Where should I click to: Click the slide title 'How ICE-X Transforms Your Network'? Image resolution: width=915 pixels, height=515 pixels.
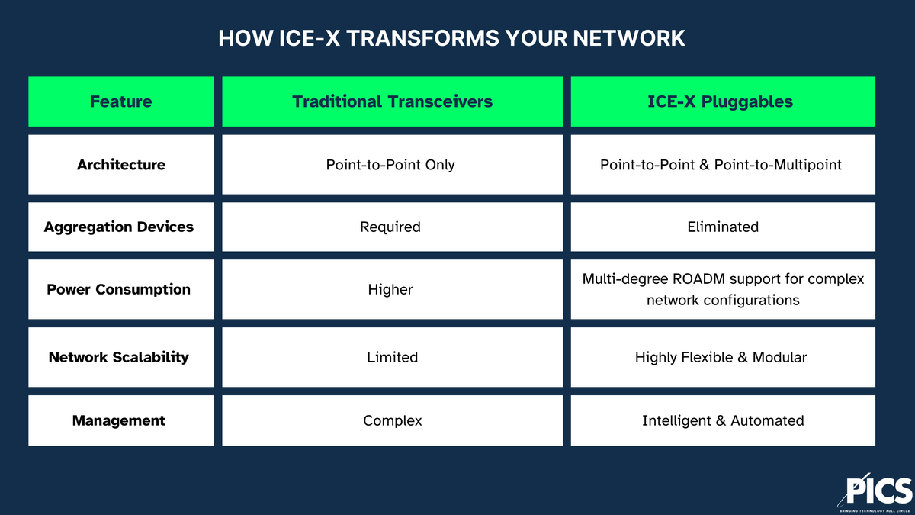[x=451, y=38]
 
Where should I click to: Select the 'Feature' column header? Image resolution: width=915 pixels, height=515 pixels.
[x=120, y=101]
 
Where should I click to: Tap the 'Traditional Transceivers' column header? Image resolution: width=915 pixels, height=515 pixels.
[x=392, y=101]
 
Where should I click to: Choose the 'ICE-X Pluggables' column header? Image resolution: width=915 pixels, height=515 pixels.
[x=722, y=101]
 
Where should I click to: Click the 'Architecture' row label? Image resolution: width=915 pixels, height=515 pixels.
[x=120, y=165]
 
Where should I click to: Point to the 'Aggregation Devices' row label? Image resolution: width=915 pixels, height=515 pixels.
[x=119, y=227]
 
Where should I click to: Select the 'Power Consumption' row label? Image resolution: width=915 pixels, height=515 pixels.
[x=118, y=289]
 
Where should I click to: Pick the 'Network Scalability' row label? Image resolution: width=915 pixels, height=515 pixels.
[x=118, y=357]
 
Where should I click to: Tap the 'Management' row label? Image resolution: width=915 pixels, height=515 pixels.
[x=118, y=420]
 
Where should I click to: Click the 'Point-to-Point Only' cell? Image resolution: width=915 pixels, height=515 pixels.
[x=390, y=165]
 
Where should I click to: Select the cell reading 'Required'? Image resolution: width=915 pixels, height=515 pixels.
[x=390, y=227]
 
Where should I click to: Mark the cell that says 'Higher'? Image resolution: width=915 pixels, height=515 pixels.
[x=390, y=289]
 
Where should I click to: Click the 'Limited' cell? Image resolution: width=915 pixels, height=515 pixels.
[x=392, y=357]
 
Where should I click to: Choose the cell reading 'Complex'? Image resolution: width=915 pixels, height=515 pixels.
[x=392, y=420]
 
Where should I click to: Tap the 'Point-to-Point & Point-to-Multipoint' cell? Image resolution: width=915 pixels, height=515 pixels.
[x=721, y=165]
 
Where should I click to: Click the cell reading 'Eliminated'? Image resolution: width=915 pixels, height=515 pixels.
[x=722, y=227]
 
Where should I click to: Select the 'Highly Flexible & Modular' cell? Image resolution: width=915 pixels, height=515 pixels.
[x=721, y=357]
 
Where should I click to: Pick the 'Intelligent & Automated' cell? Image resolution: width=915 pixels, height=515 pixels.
[x=722, y=420]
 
